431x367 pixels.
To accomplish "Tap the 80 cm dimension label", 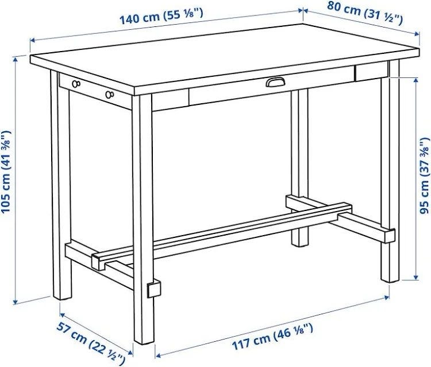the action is [365, 13].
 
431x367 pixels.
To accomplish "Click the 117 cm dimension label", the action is [272, 336].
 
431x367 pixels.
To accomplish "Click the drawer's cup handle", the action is [275, 82].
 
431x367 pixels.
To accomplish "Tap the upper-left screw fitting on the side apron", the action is [76, 84].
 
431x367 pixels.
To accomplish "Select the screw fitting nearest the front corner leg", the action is [109, 95].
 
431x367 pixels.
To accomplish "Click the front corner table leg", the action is [143, 220].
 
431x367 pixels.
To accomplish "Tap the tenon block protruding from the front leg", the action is [154, 289].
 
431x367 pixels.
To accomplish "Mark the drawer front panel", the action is [272, 85].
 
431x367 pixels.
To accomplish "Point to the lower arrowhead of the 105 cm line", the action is [16, 301].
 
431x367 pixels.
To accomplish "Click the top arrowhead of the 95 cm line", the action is [416, 80].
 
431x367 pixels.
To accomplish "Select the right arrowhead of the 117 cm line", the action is [387, 297].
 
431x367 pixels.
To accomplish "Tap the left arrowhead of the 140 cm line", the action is [32, 41].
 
